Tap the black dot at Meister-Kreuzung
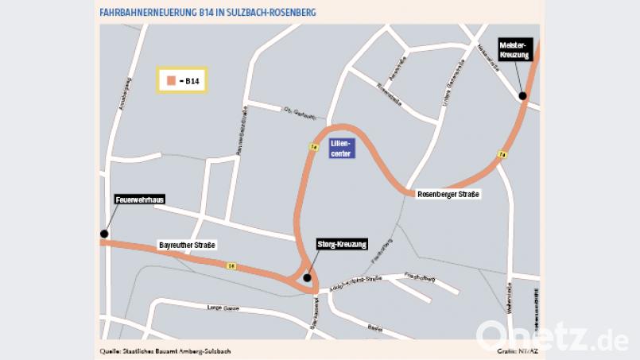click(x=522, y=96)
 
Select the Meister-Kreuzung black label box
click(x=513, y=49)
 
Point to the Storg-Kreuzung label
click(x=343, y=244)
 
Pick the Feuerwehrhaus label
click(x=140, y=199)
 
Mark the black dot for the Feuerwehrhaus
click(x=104, y=234)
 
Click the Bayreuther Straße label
click(x=188, y=245)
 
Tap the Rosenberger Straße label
click(x=449, y=194)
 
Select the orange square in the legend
click(x=170, y=80)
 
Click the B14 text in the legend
click(x=189, y=80)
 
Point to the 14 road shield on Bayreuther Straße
click(x=231, y=265)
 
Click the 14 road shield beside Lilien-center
click(x=314, y=147)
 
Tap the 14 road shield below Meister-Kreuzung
click(x=502, y=154)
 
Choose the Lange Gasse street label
click(x=223, y=307)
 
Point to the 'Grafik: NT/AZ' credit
click(x=518, y=350)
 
